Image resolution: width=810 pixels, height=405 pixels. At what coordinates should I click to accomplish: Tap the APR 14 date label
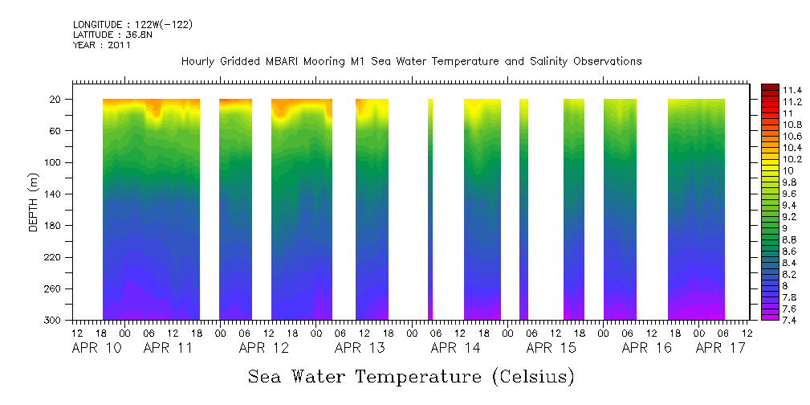click(x=455, y=348)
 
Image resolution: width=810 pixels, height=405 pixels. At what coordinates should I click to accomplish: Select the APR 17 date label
click(x=720, y=348)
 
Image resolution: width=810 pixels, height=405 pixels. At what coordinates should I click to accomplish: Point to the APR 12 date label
click(x=263, y=348)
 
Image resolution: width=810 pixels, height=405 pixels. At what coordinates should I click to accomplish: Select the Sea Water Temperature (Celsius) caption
click(x=411, y=376)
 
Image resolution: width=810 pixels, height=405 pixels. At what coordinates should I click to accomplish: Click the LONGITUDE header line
click(x=132, y=25)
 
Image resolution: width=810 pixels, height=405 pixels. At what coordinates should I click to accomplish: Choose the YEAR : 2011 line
click(x=101, y=45)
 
